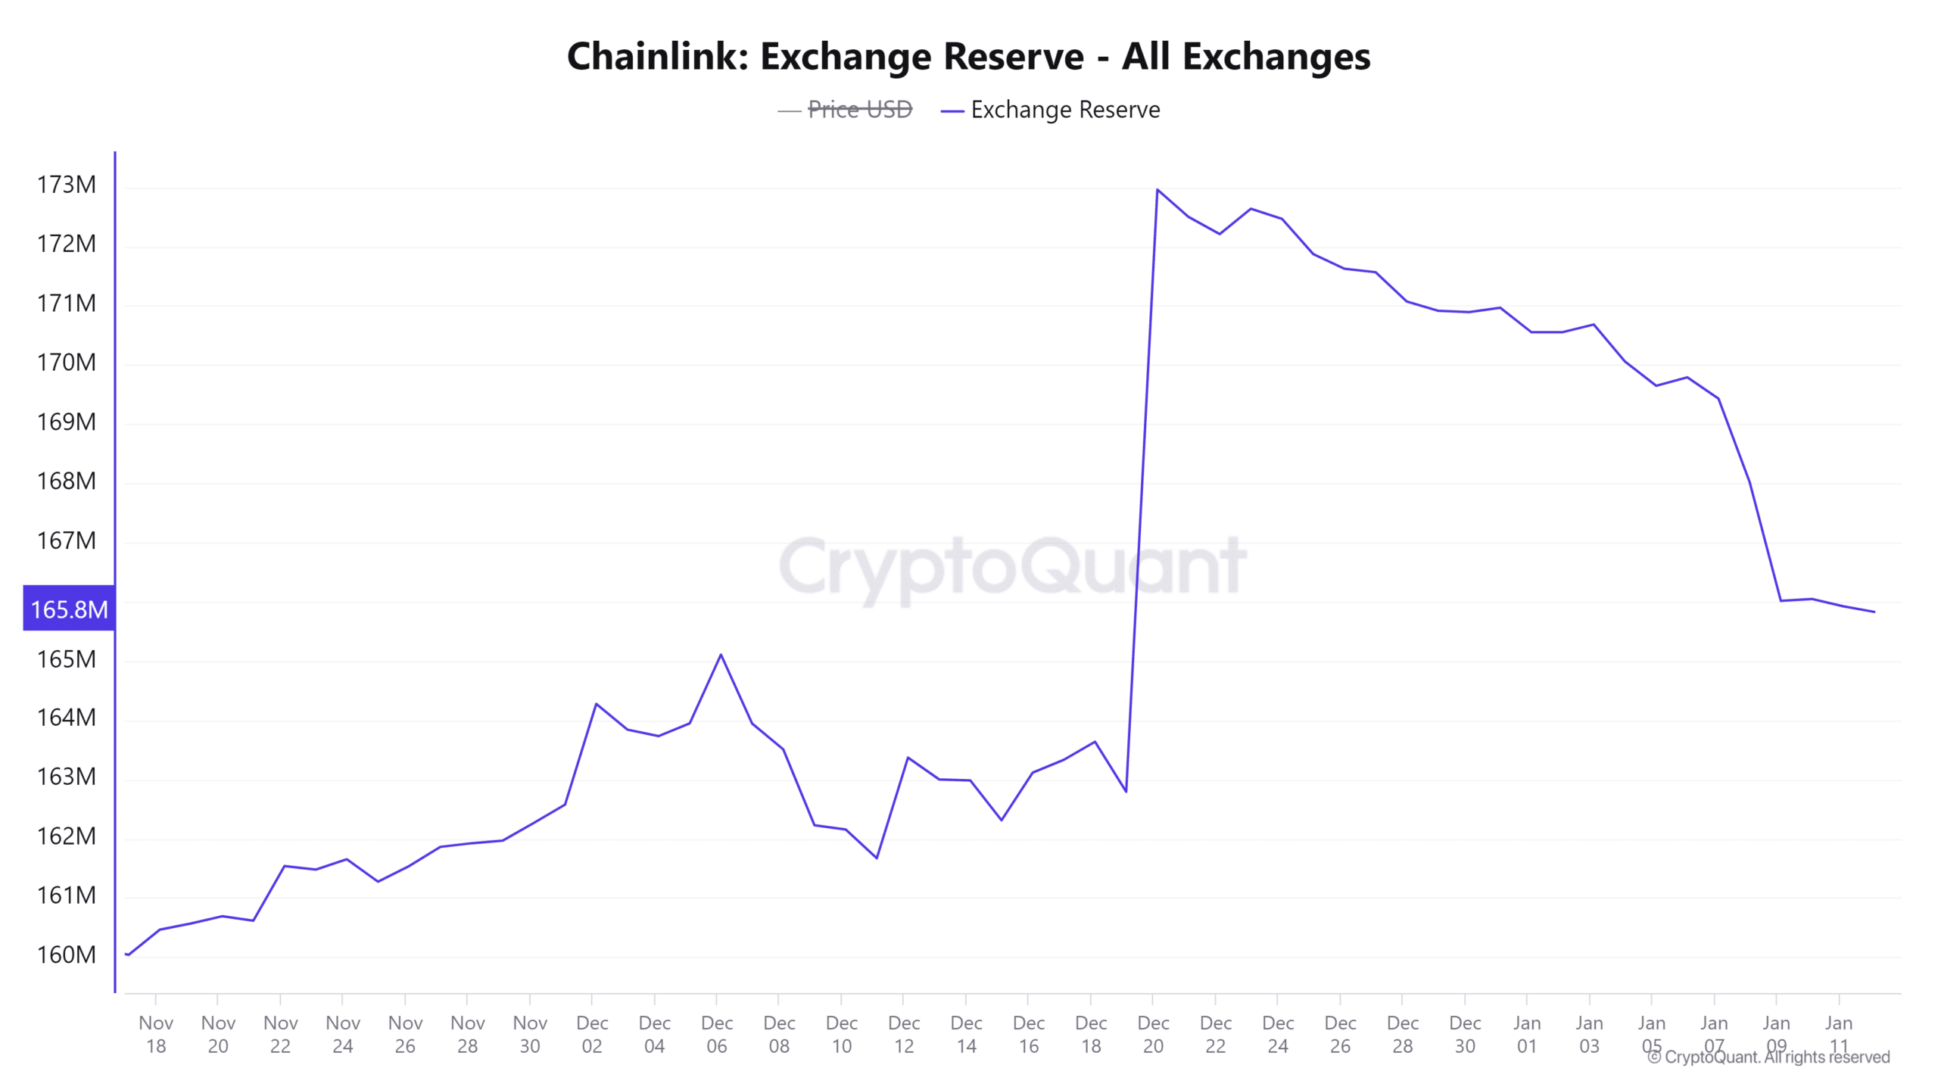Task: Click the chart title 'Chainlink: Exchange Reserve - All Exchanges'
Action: tap(968, 57)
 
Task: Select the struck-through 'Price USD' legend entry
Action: tap(859, 110)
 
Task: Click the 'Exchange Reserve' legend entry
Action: tap(1064, 110)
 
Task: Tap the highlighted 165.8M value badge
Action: tap(69, 609)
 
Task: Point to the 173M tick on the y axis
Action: tap(67, 185)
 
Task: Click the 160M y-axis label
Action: tap(67, 955)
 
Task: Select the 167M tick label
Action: tap(67, 540)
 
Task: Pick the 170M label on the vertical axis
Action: tap(67, 363)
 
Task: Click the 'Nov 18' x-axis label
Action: tap(156, 1034)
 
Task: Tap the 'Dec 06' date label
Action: tap(716, 1034)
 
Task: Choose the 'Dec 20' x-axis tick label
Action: tap(1153, 1034)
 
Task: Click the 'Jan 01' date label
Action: tap(1527, 1034)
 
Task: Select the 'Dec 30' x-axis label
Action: tap(1465, 1034)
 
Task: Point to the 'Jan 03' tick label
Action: tap(1589, 1034)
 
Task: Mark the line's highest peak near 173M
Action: tap(1158, 189)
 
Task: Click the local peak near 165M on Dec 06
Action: tap(721, 655)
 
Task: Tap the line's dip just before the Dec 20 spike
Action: tap(1126, 792)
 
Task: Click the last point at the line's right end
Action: tap(1874, 612)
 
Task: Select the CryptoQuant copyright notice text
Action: tap(1768, 1057)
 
